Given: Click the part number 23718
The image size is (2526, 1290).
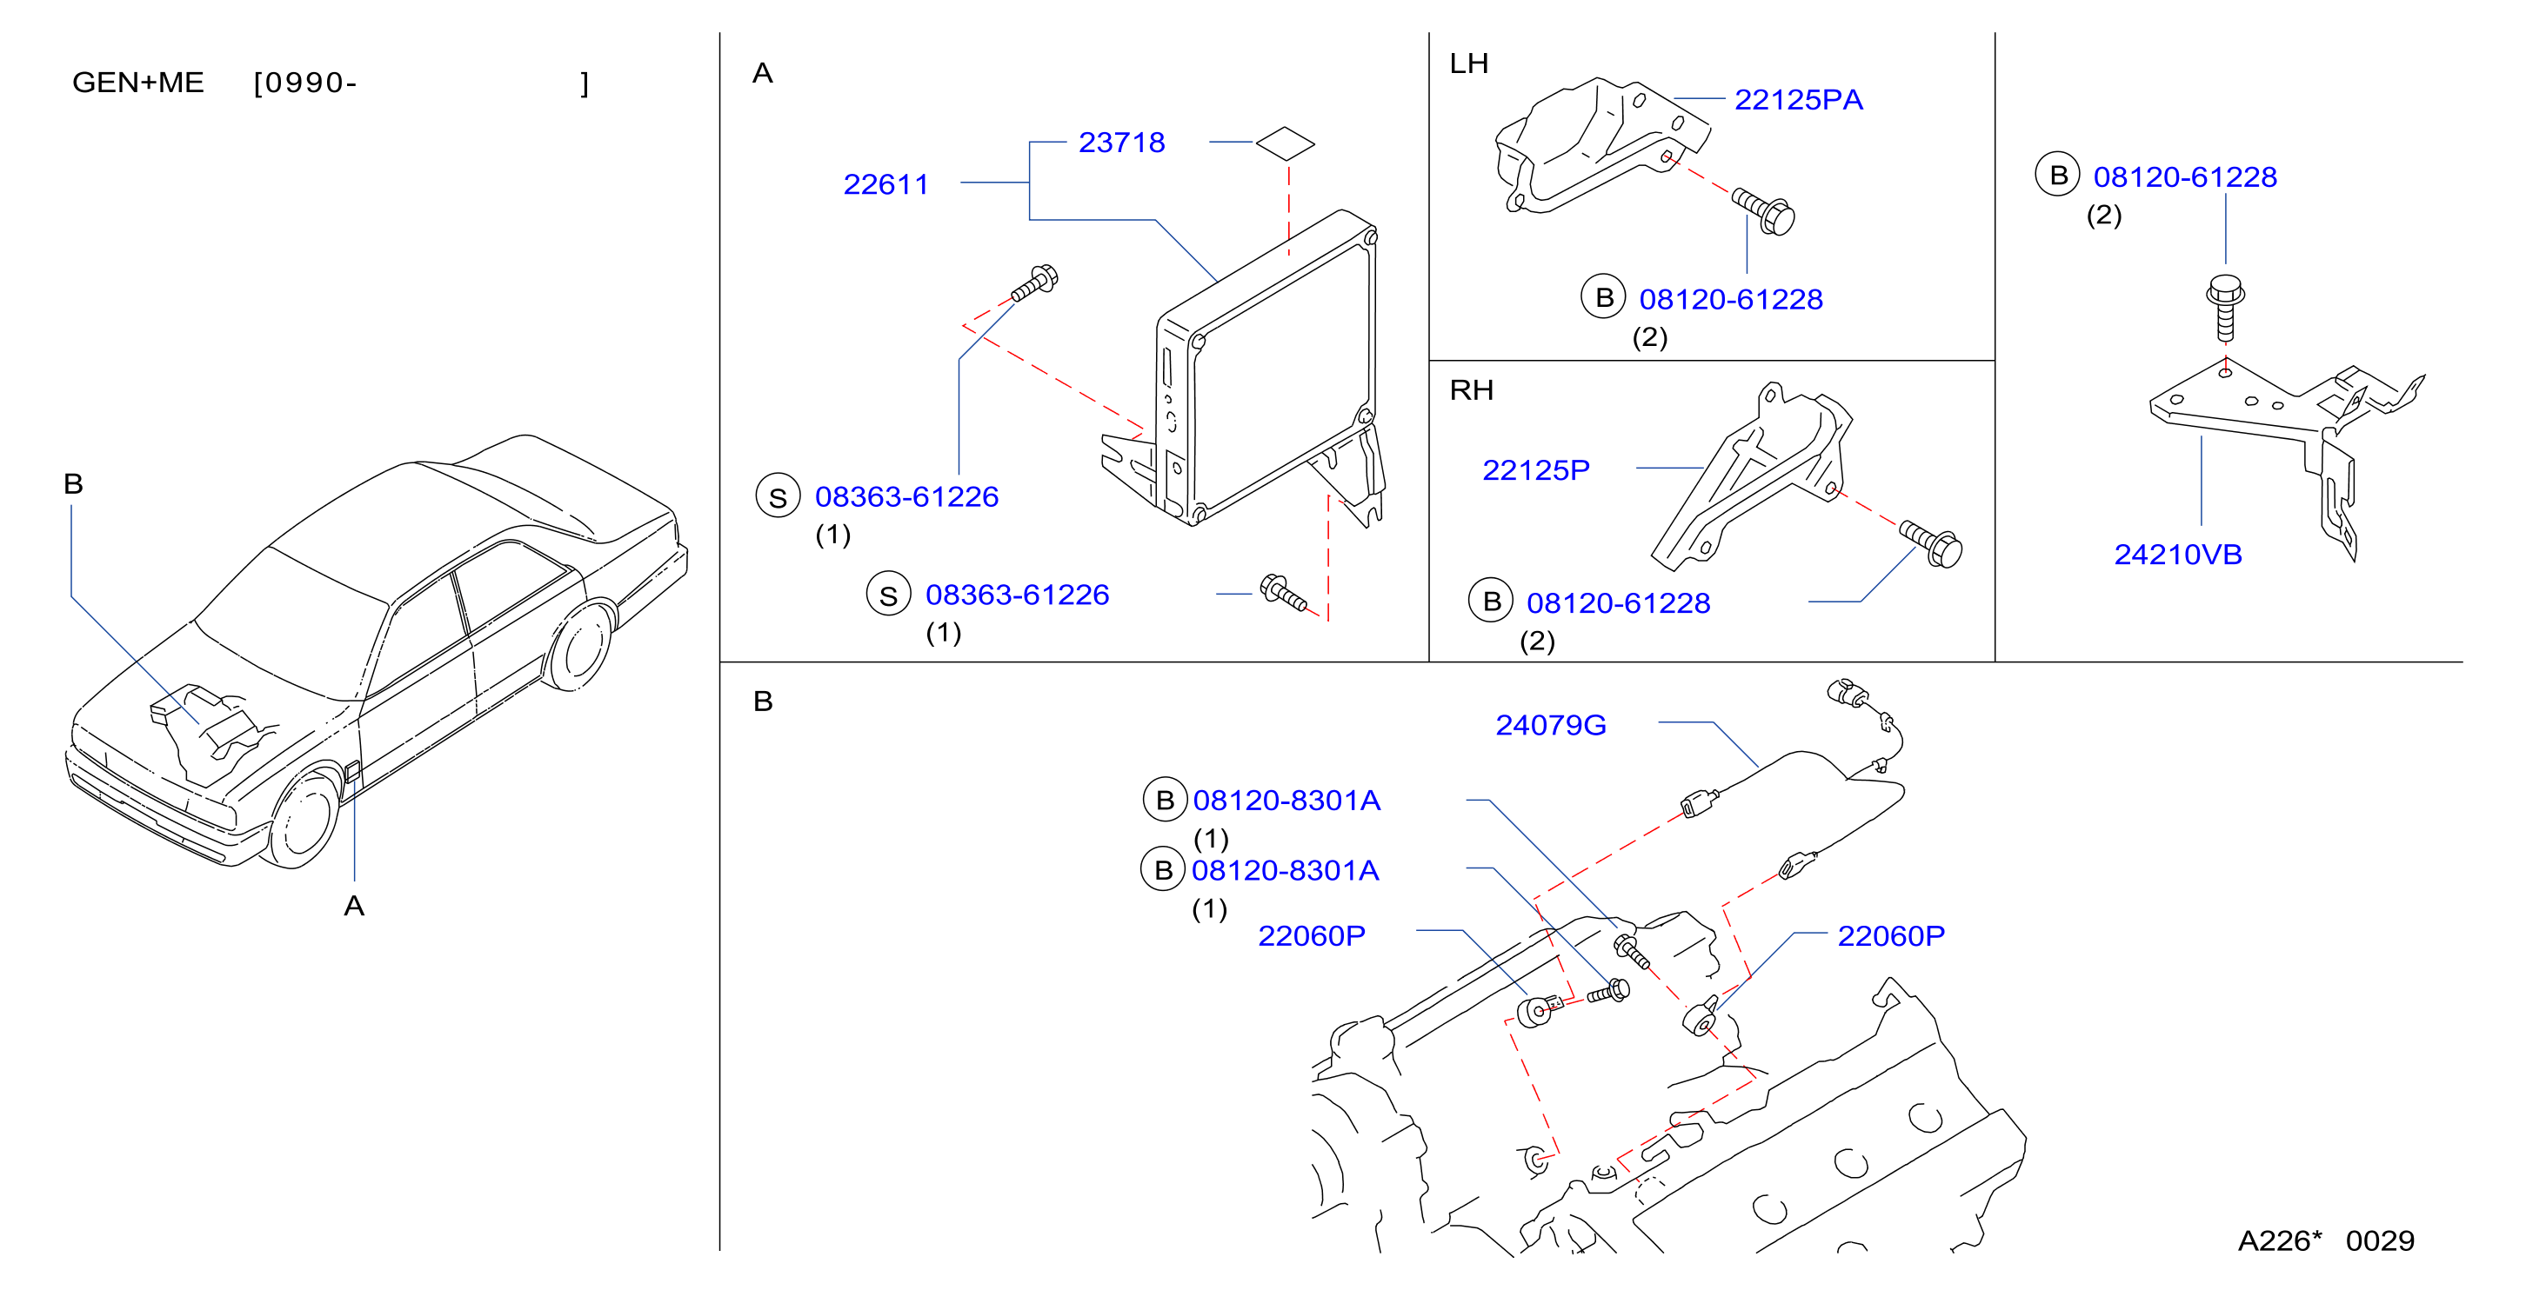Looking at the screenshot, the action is pos(1121,143).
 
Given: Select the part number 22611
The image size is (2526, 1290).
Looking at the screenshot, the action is pos(885,184).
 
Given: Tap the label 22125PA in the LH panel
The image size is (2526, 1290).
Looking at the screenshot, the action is pos(1799,100).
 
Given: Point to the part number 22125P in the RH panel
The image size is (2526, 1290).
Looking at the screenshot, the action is pos(1535,470).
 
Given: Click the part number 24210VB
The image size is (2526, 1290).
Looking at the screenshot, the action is pos(2178,555).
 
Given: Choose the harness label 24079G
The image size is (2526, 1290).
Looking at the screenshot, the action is pos(1550,725).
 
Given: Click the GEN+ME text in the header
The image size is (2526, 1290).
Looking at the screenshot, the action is pos(138,83).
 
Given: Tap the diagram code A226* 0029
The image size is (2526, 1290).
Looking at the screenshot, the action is pos(2326,1241).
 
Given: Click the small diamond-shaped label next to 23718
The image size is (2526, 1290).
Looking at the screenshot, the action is pos(1286,143).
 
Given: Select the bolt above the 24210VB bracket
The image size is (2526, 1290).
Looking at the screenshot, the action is pos(2225,307).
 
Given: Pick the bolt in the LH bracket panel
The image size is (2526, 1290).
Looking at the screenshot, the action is pos(1764,210).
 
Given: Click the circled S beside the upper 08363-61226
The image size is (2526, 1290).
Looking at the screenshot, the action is pos(778,497).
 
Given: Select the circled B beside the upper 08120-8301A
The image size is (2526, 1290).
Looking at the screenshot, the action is pos(1165,800).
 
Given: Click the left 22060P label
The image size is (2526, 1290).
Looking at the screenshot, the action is pos(1311,936).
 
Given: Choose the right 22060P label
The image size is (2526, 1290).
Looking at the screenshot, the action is pos(1890,936).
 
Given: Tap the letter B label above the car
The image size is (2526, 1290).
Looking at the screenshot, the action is pos(72,483).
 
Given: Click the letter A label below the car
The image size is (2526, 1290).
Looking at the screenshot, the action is pos(354,906).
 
